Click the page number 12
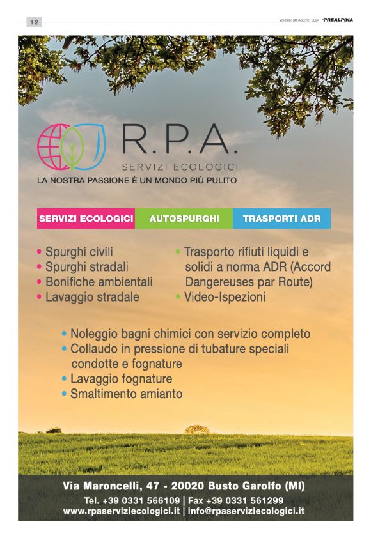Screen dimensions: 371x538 pyautogui.click(x=34, y=22)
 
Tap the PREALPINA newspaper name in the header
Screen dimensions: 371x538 pyautogui.click(x=338, y=20)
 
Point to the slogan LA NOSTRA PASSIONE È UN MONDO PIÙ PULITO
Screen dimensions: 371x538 pyautogui.click(x=137, y=181)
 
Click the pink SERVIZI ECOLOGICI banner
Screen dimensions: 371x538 pyautogui.click(x=86, y=219)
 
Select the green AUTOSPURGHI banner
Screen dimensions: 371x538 pyautogui.click(x=184, y=219)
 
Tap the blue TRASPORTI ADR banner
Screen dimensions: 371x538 pyautogui.click(x=281, y=219)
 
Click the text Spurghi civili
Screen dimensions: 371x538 pyautogui.click(x=81, y=252)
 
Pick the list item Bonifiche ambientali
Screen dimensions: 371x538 pyautogui.click(x=99, y=281)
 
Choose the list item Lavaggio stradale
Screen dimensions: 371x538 pyautogui.click(x=92, y=296)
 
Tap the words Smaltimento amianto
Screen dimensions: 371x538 pyautogui.click(x=126, y=394)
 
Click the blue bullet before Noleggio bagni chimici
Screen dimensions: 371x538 pyautogui.click(x=65, y=334)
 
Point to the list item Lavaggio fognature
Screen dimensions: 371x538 pyautogui.click(x=121, y=379)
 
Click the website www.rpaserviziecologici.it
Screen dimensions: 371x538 pyautogui.click(x=122, y=511)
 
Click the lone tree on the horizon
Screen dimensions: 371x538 pyautogui.click(x=197, y=429)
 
